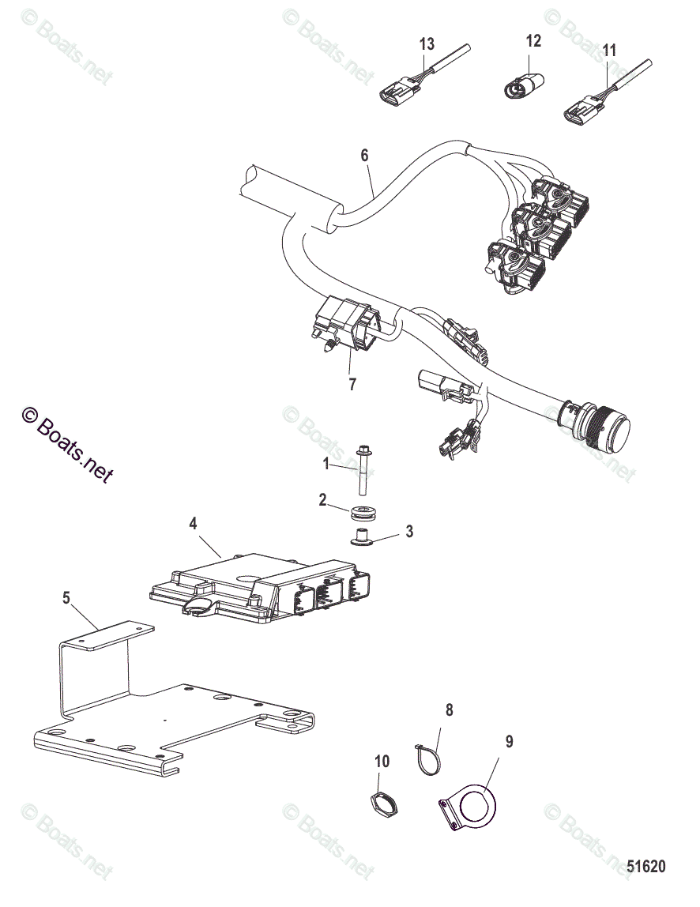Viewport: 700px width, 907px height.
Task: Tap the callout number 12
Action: click(x=534, y=40)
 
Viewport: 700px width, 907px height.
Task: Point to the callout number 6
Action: click(x=364, y=155)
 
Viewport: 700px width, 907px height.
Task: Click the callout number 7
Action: click(x=352, y=385)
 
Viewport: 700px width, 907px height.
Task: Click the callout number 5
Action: click(x=67, y=598)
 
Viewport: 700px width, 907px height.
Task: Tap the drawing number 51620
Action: click(x=647, y=867)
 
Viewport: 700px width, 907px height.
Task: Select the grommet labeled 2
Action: click(x=363, y=511)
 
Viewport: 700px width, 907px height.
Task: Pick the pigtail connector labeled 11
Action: click(x=585, y=109)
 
